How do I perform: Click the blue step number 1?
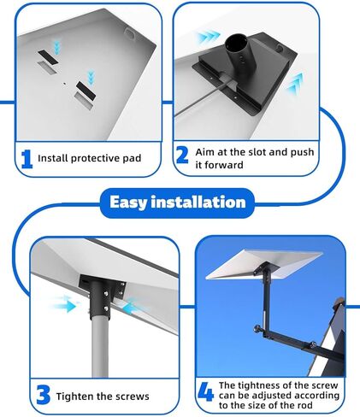tap(27, 159)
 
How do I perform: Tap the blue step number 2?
tap(182, 155)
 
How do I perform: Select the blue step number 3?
tap(44, 395)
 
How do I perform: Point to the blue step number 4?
tap(205, 391)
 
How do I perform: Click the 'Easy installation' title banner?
tap(177, 203)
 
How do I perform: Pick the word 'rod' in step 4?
tap(304, 405)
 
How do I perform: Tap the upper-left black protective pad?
tap(48, 57)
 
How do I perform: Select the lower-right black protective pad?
tap(86, 90)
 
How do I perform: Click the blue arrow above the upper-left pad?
tap(57, 47)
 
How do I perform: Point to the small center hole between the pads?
tap(65, 84)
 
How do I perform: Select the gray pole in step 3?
tap(100, 347)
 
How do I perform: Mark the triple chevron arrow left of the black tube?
tap(209, 38)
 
